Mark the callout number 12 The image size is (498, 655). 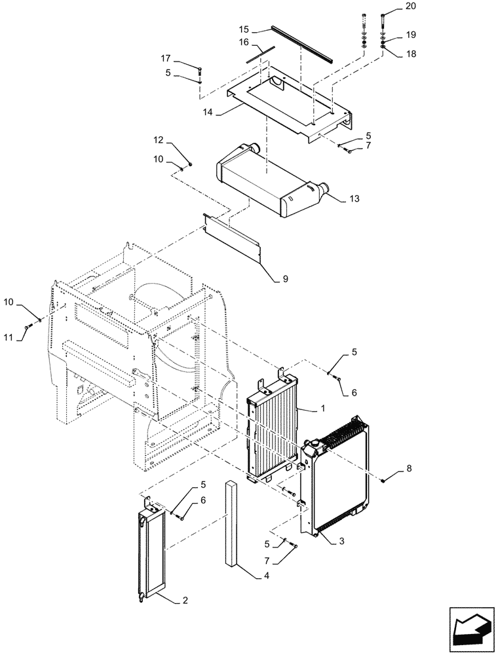pyautogui.click(x=159, y=140)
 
